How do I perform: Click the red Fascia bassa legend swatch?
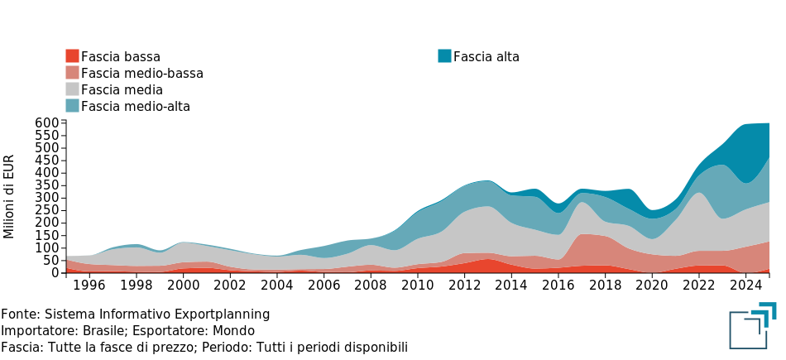72,56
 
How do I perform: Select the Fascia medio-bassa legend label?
142,73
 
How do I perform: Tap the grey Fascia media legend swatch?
72,89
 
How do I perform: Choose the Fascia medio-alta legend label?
136,106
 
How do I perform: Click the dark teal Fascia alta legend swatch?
444,56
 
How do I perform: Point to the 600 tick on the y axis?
47,123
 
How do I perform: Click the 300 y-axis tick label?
47,198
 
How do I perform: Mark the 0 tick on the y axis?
54,272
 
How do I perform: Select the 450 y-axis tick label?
47,161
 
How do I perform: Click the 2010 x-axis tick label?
418,286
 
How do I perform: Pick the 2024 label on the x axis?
745,286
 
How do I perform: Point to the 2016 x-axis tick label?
558,286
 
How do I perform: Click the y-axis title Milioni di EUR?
9,196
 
